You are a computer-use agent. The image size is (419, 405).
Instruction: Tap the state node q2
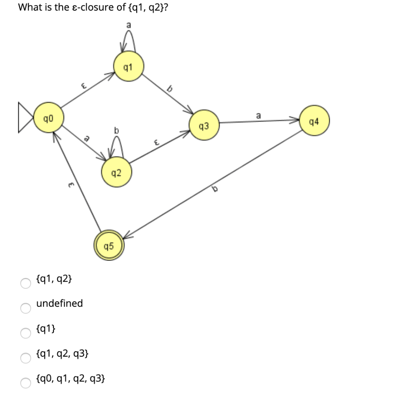116,173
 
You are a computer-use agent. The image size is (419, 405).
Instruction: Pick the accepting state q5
109,246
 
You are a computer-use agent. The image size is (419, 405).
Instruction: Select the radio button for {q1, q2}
26,283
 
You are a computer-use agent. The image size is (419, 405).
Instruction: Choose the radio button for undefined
26,308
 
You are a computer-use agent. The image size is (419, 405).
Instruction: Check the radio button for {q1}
26,333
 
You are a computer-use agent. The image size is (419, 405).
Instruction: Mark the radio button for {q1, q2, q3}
26,357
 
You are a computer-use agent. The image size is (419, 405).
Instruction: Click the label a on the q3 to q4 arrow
258,116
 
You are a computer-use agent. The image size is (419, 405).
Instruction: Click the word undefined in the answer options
59,303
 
